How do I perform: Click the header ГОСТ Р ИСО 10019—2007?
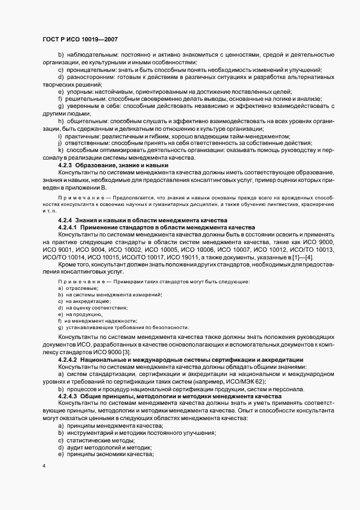(80, 40)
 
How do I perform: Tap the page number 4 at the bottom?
(44, 466)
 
